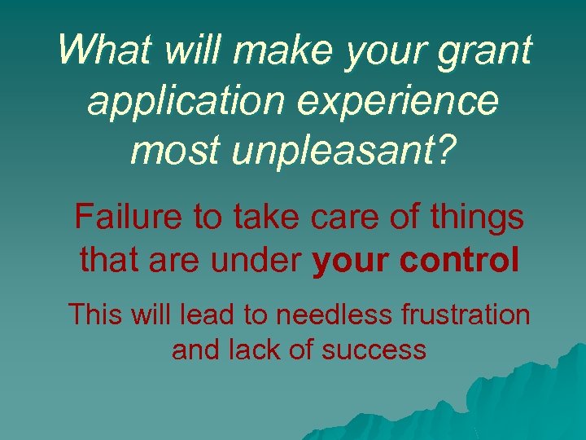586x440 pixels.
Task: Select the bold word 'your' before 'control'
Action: (351, 262)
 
